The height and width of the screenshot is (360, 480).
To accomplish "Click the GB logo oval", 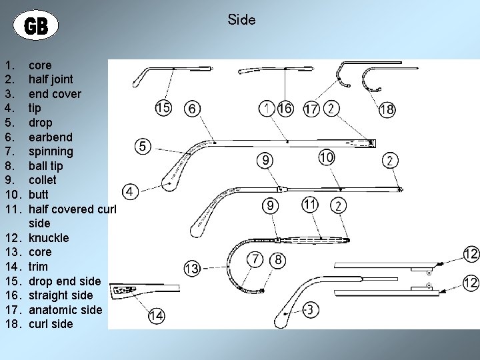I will pos(36,26).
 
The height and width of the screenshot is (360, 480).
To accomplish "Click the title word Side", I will pos(241,20).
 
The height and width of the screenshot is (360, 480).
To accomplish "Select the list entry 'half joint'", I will pos(51,79).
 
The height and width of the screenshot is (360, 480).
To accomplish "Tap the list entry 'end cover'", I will pos(55,94).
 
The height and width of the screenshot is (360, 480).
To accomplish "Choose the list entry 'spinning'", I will pos(51,151).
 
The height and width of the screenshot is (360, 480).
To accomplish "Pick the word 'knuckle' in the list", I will pos(49,237).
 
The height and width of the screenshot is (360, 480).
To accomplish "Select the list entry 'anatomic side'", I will pos(65,309).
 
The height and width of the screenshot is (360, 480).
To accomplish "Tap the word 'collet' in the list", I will pos(43,180).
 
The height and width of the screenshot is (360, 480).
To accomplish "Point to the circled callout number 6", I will pos(193,109).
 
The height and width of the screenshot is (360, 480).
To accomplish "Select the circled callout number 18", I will pos(387,109).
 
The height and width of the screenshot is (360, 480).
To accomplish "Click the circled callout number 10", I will pos(327,157).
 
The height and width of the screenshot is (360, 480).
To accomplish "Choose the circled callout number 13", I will pos(192,268).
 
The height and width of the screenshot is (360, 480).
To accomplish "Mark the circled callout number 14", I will pos(157,316).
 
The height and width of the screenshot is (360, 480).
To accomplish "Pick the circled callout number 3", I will pos(309,309).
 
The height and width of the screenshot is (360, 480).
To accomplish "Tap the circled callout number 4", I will pos(131,192).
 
